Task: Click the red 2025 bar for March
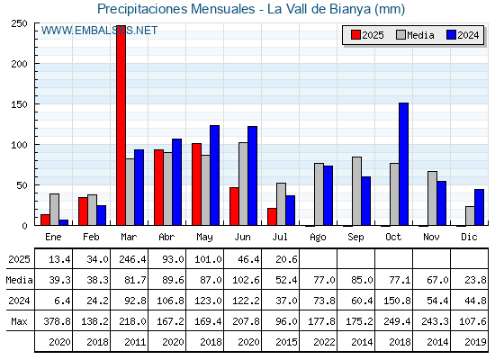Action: click(121, 125)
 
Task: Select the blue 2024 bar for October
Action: click(403, 164)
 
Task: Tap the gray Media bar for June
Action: click(243, 184)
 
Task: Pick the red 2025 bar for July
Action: click(272, 217)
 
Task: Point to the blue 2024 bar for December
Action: click(479, 207)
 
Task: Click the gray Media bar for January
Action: click(54, 210)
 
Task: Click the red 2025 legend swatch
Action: click(355, 35)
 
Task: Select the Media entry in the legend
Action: click(415, 35)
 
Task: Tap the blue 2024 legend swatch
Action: click(451, 35)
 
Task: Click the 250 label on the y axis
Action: click(19, 23)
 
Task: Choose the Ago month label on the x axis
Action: click(318, 238)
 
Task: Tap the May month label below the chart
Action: click(204, 238)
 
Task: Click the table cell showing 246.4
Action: click(132, 259)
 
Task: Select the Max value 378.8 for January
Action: click(57, 321)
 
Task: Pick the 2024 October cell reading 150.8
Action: click(397, 301)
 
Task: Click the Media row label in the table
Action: click(19, 280)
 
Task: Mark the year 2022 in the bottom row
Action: click(324, 342)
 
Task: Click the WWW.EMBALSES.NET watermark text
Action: click(99, 31)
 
